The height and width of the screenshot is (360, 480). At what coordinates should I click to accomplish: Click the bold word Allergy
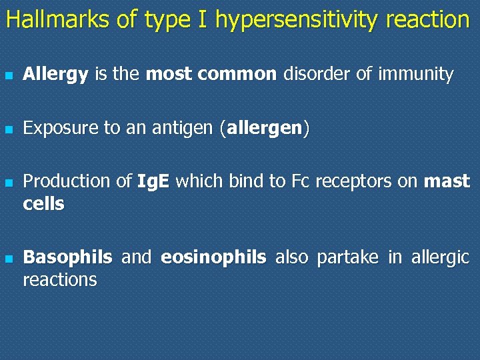coord(55,75)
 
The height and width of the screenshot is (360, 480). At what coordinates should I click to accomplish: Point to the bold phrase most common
coord(211,74)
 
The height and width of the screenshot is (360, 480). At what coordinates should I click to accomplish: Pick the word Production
coord(66,181)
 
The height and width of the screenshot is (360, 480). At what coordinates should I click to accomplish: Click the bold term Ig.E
coord(153,181)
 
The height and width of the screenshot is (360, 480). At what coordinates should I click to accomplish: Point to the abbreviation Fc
coord(299,181)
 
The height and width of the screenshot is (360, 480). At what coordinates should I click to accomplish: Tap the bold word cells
coord(43,204)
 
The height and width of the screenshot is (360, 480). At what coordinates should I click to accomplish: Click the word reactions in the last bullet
coord(60,280)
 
